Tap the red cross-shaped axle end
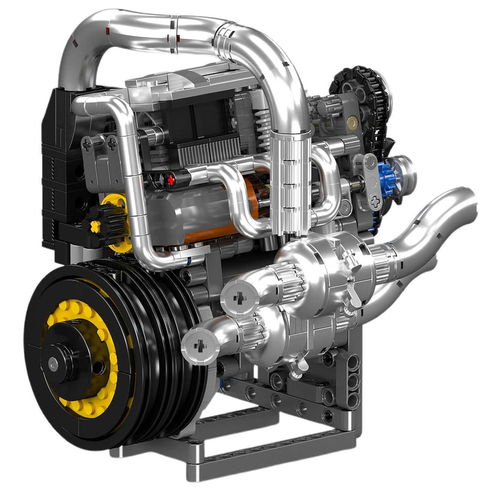[x=171, y=179]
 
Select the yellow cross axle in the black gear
[x=96, y=226]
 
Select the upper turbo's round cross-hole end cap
[x=234, y=297]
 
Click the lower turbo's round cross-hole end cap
[x=198, y=345]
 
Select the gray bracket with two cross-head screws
[x=101, y=162]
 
